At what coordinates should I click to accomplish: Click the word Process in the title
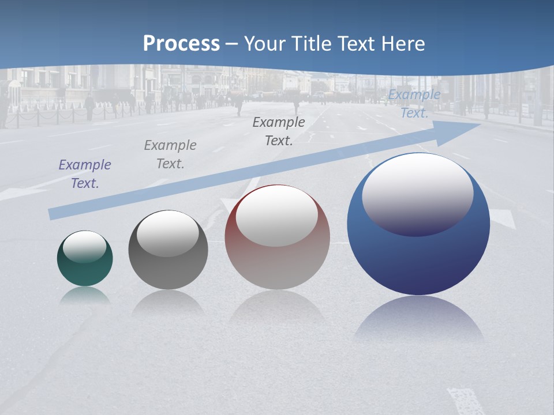pos(181,44)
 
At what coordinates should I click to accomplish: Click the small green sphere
pos(85,271)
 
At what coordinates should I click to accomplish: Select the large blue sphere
pos(418,259)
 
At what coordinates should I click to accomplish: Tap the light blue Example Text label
pos(414,104)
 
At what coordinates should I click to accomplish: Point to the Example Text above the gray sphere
pos(170,154)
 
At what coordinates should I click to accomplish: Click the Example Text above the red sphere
pos(279,131)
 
